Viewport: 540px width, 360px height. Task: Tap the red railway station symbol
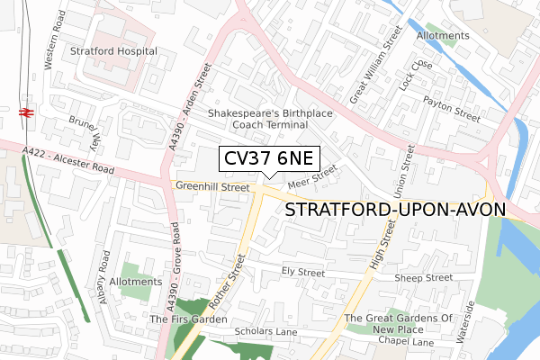[x=26, y=112]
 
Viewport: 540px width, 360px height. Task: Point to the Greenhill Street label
[x=212, y=187]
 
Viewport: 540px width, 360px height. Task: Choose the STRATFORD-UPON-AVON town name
[x=396, y=210]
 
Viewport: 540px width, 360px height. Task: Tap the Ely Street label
[x=302, y=271]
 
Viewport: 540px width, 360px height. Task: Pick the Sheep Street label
[x=423, y=278]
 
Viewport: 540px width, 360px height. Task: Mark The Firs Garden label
[x=189, y=319]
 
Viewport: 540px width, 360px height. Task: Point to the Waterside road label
[x=469, y=317]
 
